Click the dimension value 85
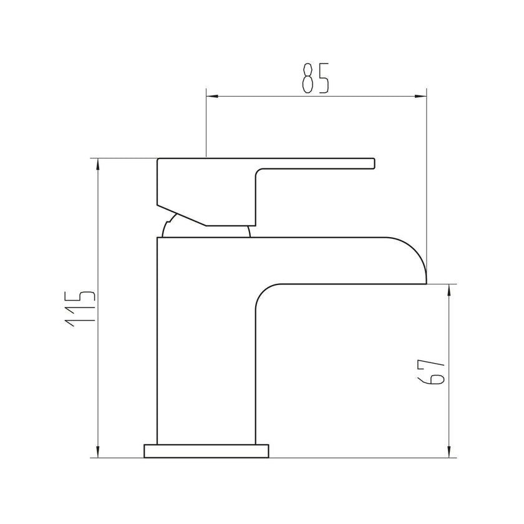click(x=315, y=77)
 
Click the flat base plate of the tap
click(x=206, y=450)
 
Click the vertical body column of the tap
click(x=206, y=343)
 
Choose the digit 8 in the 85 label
click(x=307, y=77)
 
